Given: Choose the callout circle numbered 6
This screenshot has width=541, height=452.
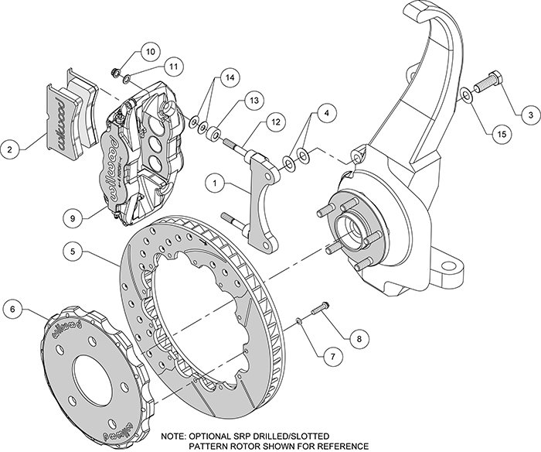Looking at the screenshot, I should (x=12, y=311).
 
